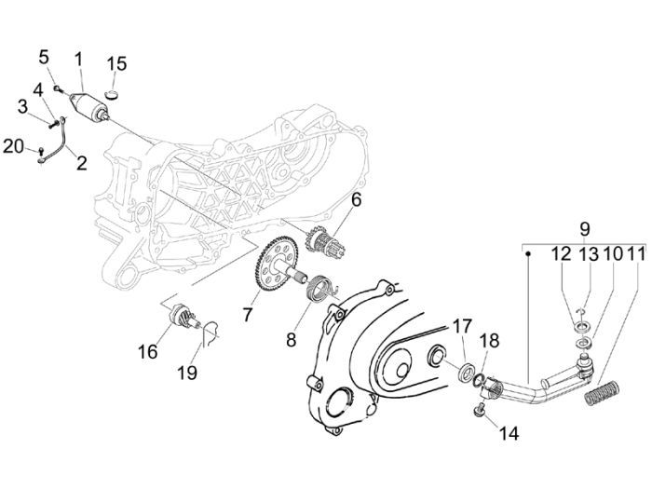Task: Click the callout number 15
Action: [x=116, y=63]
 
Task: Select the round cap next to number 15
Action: [x=115, y=92]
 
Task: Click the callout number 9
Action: [x=584, y=228]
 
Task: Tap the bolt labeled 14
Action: [x=480, y=409]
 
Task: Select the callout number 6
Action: [x=357, y=199]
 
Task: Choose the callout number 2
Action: [x=81, y=164]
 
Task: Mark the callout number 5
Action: [x=44, y=58]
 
